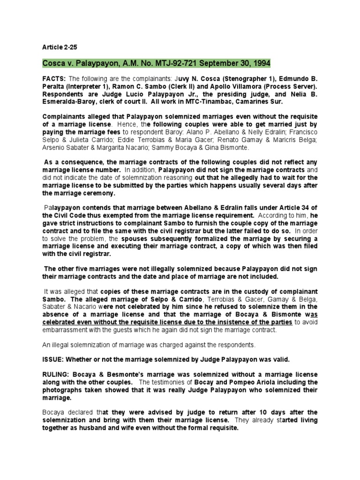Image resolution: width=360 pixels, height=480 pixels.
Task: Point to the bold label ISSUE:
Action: coord(53,360)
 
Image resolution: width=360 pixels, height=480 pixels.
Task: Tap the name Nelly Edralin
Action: coord(241,131)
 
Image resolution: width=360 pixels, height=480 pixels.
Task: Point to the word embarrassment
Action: coord(67,330)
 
